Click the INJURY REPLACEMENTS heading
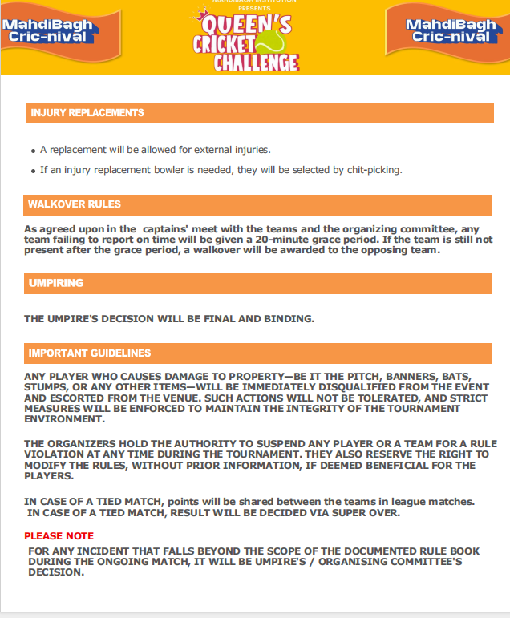(87, 113)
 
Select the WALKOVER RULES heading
(75, 204)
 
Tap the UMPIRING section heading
(56, 284)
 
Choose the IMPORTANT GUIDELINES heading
(90, 353)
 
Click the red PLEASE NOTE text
(59, 535)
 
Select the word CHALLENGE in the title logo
(256, 63)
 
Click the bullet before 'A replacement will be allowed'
(33, 151)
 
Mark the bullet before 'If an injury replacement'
(33, 171)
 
